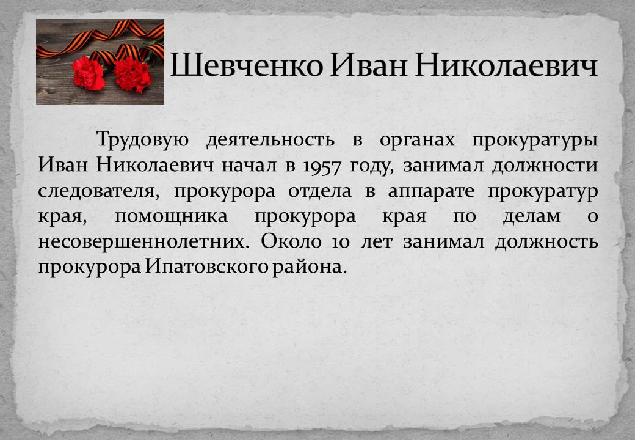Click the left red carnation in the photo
[89, 73]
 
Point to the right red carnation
[132, 75]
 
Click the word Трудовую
[142, 140]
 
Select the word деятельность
[270, 140]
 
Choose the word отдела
[319, 191]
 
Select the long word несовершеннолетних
[142, 242]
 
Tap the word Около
[291, 241]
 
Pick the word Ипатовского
[206, 267]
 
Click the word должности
[545, 166]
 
